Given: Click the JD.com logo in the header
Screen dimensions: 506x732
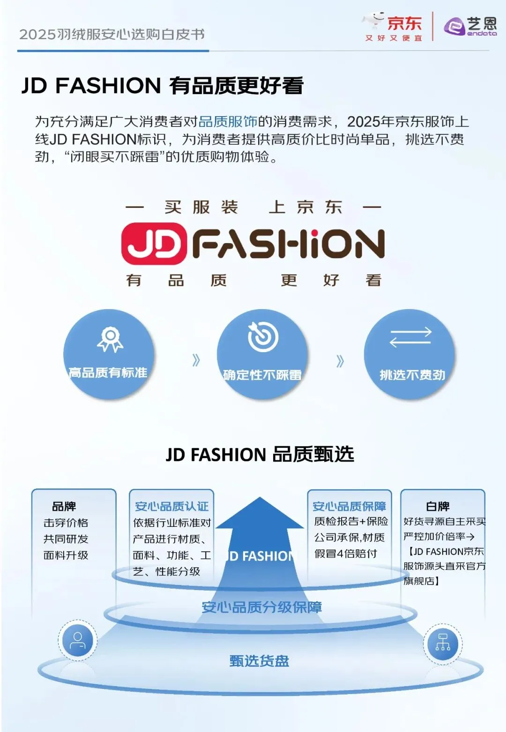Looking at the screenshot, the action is click(393, 27).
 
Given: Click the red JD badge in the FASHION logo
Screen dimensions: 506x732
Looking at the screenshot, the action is click(154, 244).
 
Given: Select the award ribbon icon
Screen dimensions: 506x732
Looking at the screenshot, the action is click(110, 339).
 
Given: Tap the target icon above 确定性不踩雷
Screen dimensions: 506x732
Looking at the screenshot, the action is click(262, 337).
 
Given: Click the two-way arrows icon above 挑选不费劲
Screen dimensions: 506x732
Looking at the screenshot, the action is click(410, 337).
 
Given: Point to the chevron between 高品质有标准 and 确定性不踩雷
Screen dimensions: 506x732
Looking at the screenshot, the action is click(196, 360).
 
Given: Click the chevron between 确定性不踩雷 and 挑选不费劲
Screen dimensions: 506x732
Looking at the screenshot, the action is click(340, 361).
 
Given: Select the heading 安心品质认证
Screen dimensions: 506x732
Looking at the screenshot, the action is click(171, 506).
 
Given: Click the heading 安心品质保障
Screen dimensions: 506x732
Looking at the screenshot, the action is click(349, 506).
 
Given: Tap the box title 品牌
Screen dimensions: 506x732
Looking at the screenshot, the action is click(64, 506).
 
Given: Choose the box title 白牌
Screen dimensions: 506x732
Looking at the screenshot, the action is click(438, 506).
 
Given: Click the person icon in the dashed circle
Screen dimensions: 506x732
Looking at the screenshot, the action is click(78, 640).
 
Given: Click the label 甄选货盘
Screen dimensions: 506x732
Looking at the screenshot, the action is click(259, 661).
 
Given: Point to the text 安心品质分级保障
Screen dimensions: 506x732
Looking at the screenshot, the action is click(261, 607).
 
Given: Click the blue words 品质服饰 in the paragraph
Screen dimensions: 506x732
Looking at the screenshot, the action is click(228, 122).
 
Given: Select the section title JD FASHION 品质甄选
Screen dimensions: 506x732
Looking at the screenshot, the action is click(260, 454).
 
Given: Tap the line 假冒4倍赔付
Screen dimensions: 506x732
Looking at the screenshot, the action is click(346, 554).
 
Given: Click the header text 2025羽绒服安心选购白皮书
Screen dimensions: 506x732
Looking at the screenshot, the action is click(112, 34).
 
